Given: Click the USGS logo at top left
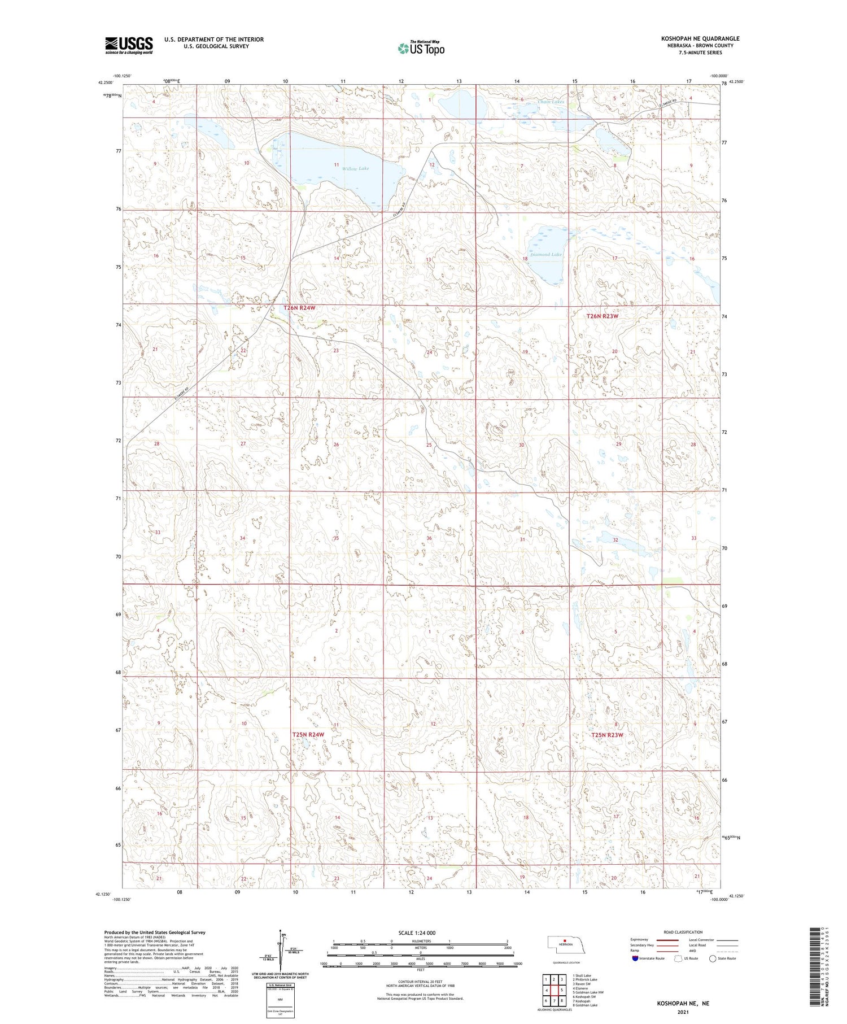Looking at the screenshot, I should (129, 45).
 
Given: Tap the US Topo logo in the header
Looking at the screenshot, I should (421, 49).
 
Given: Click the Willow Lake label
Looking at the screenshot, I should (355, 168).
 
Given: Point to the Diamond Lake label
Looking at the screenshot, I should (545, 255).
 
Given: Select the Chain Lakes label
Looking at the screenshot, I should (551, 102).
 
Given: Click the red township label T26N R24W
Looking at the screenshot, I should (299, 308).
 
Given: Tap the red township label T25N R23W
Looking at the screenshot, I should (607, 735).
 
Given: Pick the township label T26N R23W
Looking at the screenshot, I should (602, 316).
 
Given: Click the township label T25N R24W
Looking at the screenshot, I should (308, 734).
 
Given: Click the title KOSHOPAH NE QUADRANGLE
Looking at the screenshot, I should (700, 38).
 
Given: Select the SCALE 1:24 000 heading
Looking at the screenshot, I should (417, 933).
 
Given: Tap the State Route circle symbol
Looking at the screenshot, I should (713, 958).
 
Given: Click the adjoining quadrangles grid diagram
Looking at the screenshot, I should (554, 990).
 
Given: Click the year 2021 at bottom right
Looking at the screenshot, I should (682, 1011).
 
